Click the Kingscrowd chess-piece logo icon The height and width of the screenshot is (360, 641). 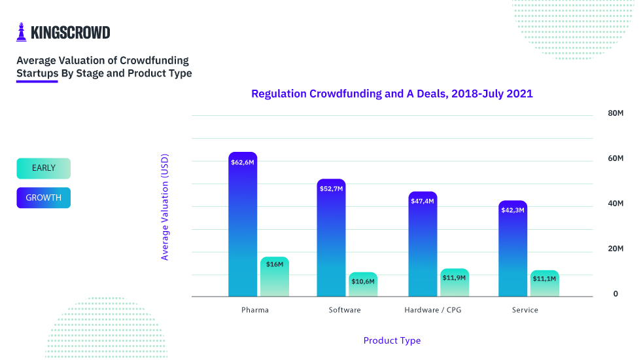pos(22,32)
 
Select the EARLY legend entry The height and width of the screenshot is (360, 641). pos(43,168)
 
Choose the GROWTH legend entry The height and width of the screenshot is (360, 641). pos(43,198)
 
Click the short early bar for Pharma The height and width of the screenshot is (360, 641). pos(275,278)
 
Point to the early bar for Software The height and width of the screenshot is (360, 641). pos(363,285)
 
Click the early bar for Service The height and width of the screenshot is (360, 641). pos(544,284)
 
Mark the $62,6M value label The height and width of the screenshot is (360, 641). pos(243,162)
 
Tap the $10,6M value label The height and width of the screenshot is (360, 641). pos(363,281)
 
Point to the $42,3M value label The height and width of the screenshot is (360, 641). pos(513,210)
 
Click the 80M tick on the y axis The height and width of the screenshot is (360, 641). pos(615,113)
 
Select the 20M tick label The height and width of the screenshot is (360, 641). pos(615,249)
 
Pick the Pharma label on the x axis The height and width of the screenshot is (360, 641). pos(255,310)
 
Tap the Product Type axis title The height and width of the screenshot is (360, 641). pos(392,340)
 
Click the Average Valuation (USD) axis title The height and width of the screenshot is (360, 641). pos(165,207)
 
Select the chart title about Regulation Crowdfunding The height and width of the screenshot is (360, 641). pos(392,94)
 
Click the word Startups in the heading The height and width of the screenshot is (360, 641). pos(37,73)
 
